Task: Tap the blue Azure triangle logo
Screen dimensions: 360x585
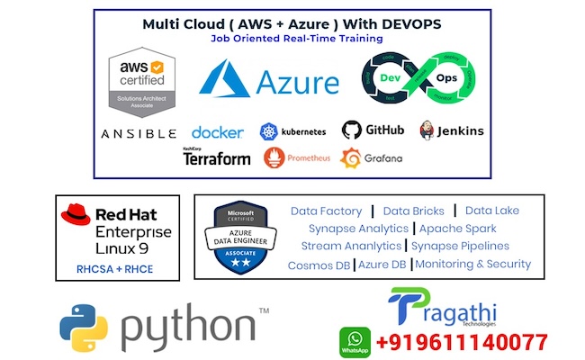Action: click(x=224, y=79)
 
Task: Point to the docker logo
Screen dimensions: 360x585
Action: click(x=217, y=132)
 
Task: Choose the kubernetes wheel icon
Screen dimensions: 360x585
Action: click(x=268, y=132)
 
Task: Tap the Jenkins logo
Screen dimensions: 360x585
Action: click(x=427, y=130)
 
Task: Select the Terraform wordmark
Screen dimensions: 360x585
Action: click(x=216, y=157)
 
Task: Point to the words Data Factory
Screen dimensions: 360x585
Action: click(x=326, y=211)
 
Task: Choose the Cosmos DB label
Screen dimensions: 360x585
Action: click(x=319, y=265)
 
